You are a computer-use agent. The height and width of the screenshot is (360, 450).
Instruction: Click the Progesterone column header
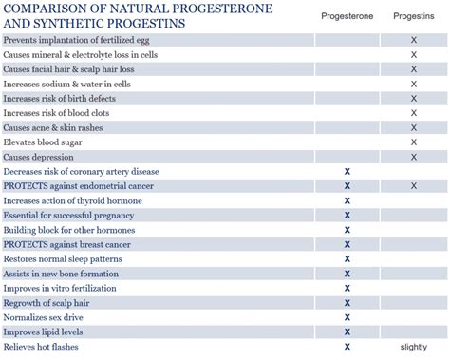pos(347,16)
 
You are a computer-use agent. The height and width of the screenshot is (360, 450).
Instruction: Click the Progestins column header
pos(414,16)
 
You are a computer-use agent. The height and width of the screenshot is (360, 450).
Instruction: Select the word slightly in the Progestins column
pos(414,347)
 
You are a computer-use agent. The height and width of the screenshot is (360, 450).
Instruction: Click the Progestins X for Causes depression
pos(414,157)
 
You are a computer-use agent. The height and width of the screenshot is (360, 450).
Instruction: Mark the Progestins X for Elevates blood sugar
pos(414,142)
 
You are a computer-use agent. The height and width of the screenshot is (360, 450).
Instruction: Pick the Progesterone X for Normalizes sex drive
pos(347,317)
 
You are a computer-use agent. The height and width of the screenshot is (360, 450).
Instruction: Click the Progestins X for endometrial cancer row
pos(414,186)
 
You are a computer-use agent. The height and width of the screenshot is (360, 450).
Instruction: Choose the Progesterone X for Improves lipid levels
pos(347,332)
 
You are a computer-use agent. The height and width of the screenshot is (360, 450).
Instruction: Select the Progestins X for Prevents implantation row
pos(414,40)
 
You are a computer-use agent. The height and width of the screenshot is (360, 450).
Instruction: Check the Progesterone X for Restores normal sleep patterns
pos(347,258)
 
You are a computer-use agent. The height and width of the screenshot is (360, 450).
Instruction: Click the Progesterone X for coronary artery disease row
pos(347,171)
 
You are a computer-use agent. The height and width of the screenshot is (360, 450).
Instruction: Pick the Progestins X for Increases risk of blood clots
pos(414,113)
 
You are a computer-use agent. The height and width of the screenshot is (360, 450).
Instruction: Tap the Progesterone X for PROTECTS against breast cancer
pos(347,244)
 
